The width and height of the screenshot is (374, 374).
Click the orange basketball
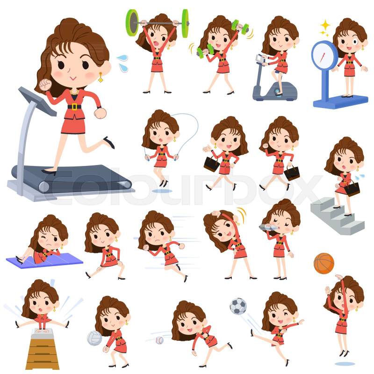click(324, 263)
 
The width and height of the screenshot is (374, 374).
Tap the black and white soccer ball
click(238, 306)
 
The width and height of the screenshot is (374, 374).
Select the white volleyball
click(95, 338)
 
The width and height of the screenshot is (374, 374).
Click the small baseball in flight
click(159, 340)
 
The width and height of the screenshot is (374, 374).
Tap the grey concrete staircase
click(337, 216)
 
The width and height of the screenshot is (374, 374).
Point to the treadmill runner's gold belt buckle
click(74, 107)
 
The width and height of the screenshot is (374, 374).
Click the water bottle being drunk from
click(268, 227)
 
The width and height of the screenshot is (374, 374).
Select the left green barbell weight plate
click(132, 23)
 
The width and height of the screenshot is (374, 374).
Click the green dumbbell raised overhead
click(240, 26)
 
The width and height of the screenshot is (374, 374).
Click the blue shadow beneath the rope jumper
click(162, 191)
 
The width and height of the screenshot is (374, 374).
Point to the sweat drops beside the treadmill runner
click(122, 64)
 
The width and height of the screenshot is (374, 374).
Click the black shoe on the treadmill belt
click(49, 172)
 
